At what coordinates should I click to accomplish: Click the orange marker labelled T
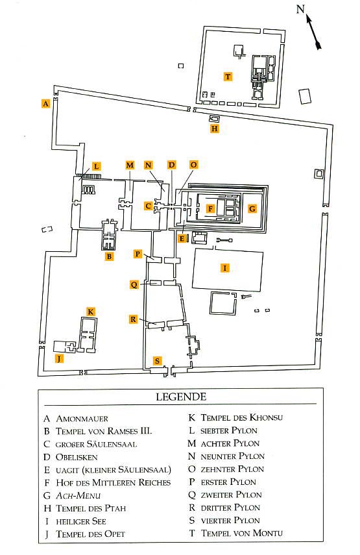click(228, 77)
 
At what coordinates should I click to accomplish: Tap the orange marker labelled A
click(45, 103)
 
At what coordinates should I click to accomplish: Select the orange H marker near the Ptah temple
click(214, 129)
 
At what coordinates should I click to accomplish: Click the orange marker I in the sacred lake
click(224, 267)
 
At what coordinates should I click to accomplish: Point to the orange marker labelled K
click(91, 312)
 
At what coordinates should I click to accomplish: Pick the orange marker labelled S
click(157, 361)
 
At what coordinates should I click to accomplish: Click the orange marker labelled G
click(252, 208)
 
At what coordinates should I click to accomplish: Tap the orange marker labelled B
click(109, 256)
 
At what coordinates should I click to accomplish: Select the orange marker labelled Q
click(134, 284)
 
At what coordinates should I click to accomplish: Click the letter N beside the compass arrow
click(300, 8)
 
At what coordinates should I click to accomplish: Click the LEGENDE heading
click(181, 397)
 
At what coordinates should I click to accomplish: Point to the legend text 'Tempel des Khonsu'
click(242, 417)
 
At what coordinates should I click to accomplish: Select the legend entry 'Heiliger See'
click(81, 521)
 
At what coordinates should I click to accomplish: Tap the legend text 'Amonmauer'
click(82, 419)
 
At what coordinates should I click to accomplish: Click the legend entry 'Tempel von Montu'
click(242, 533)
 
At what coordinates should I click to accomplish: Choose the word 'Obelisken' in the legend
click(77, 458)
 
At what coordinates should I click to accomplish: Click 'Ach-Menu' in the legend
click(78, 495)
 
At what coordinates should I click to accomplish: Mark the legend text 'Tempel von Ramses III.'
click(104, 431)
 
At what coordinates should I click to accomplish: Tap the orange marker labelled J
click(59, 358)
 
